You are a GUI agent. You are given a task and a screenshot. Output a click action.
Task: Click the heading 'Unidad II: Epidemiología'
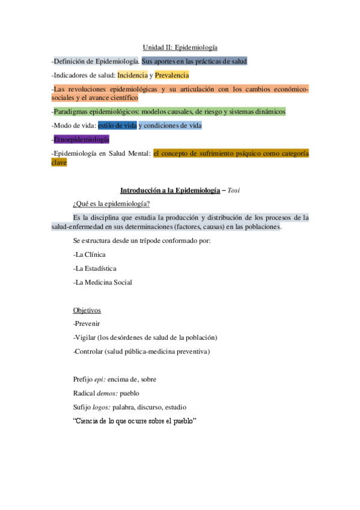[180, 47]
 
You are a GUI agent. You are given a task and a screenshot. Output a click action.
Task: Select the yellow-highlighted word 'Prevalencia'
[172, 75]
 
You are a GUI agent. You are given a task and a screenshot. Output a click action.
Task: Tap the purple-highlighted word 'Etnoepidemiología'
[82, 140]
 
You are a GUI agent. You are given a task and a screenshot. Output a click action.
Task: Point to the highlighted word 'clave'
[59, 162]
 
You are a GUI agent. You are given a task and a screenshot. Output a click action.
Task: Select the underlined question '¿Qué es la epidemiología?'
[111, 203]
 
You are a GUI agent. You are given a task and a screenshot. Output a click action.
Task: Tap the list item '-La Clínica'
[89, 254]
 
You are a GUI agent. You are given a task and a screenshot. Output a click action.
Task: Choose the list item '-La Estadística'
[94, 268]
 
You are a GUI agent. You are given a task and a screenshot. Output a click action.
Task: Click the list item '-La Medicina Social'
[102, 282]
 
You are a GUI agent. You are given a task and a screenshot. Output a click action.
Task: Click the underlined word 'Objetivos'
[87, 310]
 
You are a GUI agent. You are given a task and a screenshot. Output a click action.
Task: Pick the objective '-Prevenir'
[87, 324]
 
